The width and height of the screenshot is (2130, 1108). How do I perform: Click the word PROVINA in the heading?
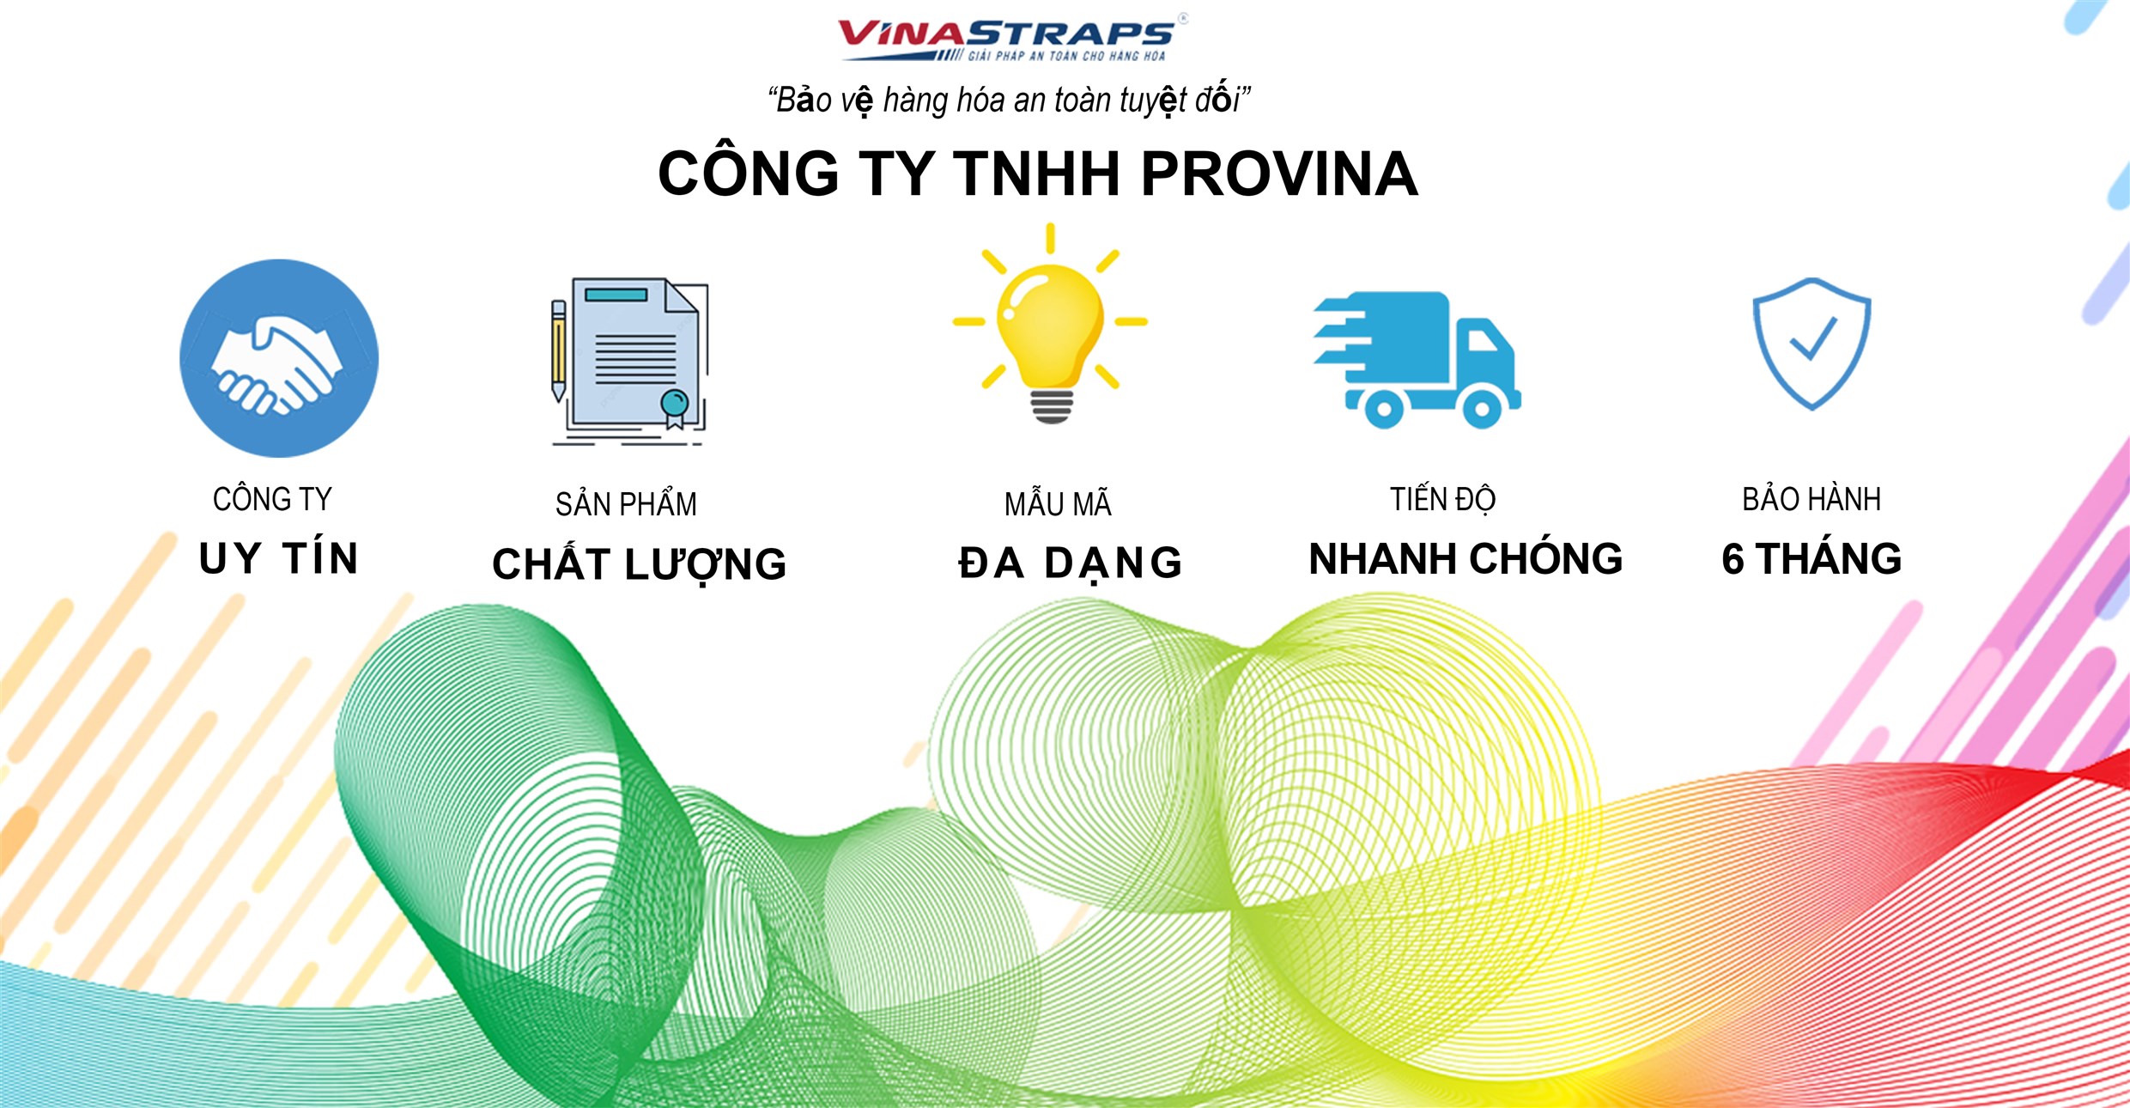[x=1278, y=174]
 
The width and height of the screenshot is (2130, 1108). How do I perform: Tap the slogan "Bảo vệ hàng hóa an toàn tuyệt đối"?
[x=1009, y=100]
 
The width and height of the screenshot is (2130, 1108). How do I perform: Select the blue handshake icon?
[x=278, y=358]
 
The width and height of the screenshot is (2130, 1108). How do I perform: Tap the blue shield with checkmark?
[x=1811, y=343]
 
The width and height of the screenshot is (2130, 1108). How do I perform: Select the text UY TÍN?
[x=278, y=558]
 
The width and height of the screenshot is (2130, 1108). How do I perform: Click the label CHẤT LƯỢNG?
[x=640, y=564]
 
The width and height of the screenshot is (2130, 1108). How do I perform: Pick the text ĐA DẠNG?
[x=1070, y=563]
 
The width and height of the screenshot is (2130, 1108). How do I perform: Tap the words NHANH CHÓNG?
[x=1466, y=559]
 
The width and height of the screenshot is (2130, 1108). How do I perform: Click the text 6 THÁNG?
[x=1811, y=559]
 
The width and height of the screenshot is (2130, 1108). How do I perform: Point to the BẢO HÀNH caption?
[x=1811, y=500]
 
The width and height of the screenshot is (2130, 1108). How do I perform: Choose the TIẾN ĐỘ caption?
[x=1443, y=500]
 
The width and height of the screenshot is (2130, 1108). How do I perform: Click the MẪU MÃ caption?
[x=1058, y=504]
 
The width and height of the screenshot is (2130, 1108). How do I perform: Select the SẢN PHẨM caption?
[x=626, y=504]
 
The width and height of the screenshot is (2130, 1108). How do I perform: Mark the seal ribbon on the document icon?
[x=675, y=408]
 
